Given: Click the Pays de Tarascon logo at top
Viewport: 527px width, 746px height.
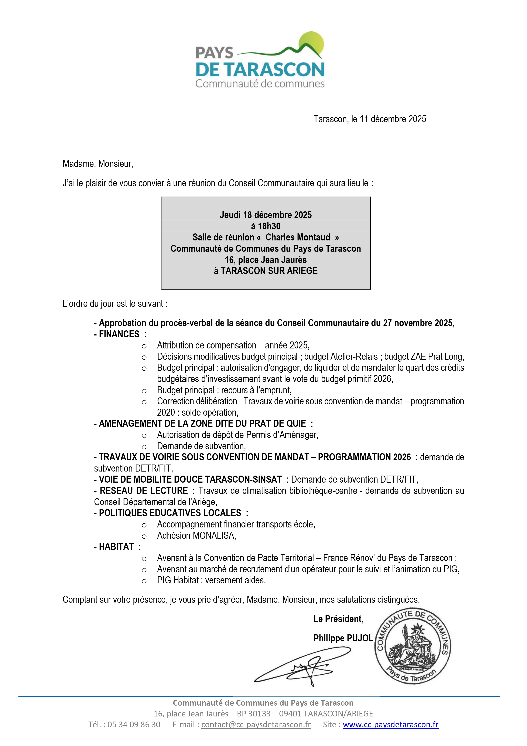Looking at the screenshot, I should (x=260, y=60).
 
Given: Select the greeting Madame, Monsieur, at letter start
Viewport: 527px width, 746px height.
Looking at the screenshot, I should (x=98, y=164).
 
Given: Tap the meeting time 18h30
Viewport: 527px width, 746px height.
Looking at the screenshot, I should (x=269, y=226).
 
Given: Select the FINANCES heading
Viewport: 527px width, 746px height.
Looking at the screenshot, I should (x=119, y=334).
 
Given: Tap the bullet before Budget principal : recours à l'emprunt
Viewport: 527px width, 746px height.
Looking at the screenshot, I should (x=144, y=391).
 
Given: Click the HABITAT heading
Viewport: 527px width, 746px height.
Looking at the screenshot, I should (x=116, y=547).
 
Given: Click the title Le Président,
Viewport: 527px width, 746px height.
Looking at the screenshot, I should (x=338, y=619).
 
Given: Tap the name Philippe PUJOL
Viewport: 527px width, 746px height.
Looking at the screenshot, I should (x=343, y=638).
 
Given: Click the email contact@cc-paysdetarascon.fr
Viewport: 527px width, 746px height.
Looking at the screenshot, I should (x=256, y=725).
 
